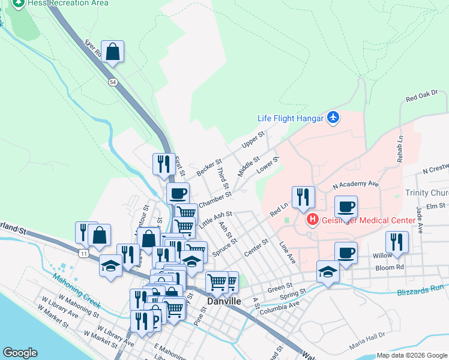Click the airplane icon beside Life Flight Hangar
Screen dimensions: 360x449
coord(334,118)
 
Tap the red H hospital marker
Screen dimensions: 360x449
coord(312,220)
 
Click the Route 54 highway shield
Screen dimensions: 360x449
coord(112,82)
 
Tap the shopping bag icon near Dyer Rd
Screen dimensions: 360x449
coord(113,52)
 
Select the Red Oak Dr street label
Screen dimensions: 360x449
coord(422,95)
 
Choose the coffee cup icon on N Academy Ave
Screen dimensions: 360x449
coord(346,207)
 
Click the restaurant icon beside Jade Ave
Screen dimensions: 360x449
coord(397,242)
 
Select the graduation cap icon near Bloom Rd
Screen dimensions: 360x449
coord(327,272)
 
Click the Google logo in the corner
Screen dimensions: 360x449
coord(20,353)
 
